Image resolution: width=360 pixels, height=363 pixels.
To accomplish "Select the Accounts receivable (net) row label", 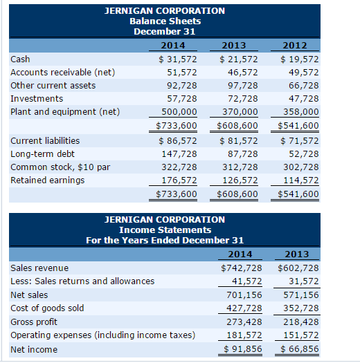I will [63, 72].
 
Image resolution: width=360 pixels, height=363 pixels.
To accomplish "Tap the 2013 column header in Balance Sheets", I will [238, 46].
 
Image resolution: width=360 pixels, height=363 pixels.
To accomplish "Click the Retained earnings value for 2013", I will [240, 180].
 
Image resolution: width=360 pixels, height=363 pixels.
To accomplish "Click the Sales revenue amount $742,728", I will [241, 268].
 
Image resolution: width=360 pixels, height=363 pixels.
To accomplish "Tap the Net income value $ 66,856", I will [298, 349].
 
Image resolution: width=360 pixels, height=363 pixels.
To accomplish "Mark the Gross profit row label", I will [35, 322].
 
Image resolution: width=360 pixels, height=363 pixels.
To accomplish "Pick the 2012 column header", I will [300, 46].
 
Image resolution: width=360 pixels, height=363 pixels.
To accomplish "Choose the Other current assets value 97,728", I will [242, 86].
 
